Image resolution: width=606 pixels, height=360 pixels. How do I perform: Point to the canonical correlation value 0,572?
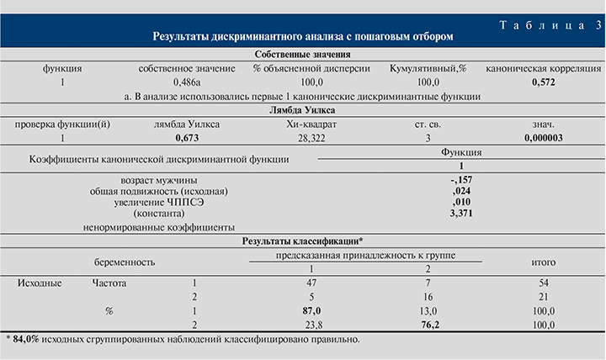[x=547, y=82]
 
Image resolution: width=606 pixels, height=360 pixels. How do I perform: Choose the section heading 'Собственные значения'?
[x=303, y=55]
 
